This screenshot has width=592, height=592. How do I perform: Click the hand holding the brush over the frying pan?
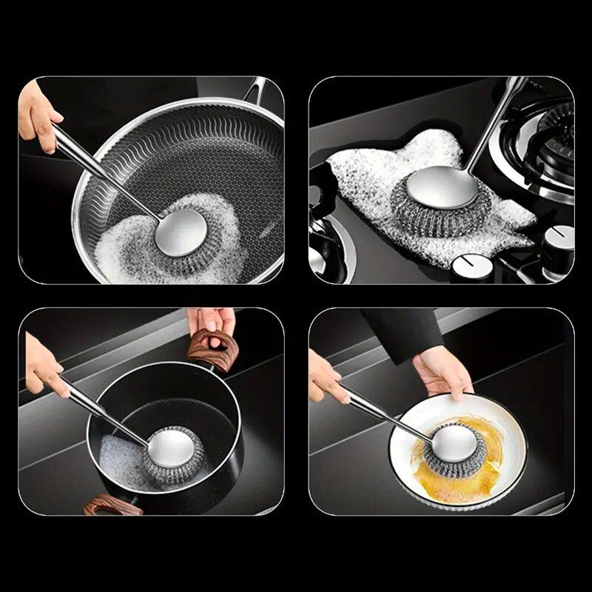(x=37, y=115)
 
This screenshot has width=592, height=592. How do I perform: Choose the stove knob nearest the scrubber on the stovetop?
(x=468, y=263)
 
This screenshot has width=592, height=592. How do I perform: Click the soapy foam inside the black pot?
(x=118, y=455)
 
